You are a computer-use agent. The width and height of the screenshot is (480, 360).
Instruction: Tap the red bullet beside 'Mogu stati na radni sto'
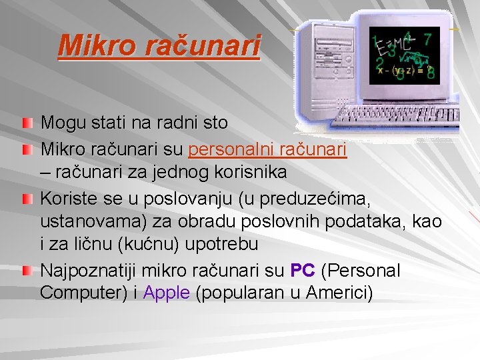[25, 123]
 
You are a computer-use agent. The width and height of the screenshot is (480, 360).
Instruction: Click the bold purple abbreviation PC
[303, 271]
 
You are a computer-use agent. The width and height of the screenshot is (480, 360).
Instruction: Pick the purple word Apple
[167, 293]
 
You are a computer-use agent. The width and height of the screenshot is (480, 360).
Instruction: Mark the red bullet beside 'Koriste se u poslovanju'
[25, 199]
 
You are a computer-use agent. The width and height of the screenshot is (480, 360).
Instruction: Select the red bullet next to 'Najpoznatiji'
[25, 271]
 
